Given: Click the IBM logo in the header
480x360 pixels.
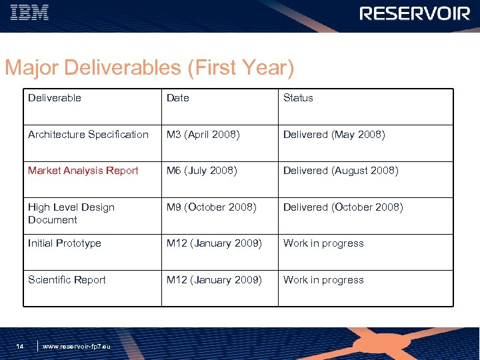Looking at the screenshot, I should (29, 13).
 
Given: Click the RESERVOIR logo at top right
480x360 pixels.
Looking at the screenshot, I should (414, 13).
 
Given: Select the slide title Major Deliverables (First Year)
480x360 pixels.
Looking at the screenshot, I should (149, 67).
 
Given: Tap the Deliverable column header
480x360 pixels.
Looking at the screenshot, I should (55, 98).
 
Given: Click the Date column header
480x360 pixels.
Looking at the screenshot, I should (178, 98).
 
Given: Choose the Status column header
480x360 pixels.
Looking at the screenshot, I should (298, 98).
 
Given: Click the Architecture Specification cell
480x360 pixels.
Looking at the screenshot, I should (88, 135).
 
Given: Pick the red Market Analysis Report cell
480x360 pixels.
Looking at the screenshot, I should (83, 171).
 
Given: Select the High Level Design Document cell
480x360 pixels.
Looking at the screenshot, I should (71, 213).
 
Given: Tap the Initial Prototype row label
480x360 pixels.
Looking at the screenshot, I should (65, 243).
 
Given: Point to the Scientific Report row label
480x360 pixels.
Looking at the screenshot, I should (67, 280).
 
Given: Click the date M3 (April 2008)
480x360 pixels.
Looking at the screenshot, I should (203, 135).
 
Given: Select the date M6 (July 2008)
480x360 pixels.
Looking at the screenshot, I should (201, 171).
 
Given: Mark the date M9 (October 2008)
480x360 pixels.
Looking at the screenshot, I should (211, 207).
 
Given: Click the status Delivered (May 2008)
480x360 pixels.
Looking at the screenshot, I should (334, 135).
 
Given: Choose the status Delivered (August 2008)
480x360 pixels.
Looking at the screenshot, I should (341, 171).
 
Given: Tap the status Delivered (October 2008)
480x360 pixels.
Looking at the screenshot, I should (343, 207).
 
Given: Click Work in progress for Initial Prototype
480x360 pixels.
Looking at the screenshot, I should (323, 243).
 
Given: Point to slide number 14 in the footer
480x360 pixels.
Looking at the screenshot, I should (20, 346).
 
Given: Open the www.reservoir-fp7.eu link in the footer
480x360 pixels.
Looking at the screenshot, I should (77, 347).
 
